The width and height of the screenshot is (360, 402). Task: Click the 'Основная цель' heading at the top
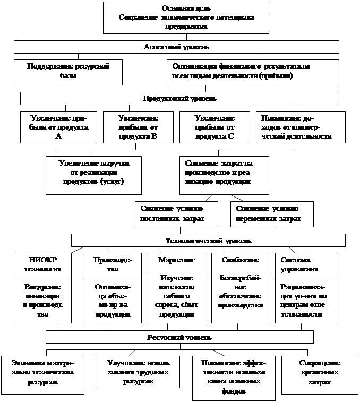click(185, 8)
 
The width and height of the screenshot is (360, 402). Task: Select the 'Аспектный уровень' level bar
click(176, 47)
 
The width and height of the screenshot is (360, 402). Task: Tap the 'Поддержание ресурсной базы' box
click(68, 72)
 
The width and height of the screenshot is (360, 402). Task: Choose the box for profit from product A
click(58, 127)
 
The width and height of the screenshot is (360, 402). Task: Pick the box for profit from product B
click(138, 127)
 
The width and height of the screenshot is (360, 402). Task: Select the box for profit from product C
click(215, 127)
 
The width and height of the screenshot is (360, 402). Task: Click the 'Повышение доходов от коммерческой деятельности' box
click(300, 127)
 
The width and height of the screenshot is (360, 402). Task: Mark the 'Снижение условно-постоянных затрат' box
click(176, 214)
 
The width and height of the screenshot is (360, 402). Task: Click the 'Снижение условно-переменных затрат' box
click(272, 214)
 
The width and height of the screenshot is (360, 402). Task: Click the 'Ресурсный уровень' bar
click(179, 337)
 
